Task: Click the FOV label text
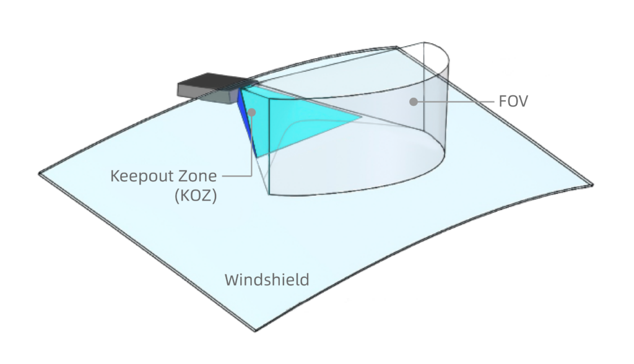[513, 101]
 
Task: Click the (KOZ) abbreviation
[196, 196]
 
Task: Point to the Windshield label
[267, 280]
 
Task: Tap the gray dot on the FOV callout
[413, 102]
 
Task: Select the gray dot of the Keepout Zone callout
[251, 112]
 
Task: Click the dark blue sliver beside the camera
[246, 121]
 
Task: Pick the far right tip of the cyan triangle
[362, 118]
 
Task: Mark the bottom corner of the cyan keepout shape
[257, 157]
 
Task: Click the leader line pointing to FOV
[456, 102]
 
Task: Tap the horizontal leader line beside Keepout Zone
[237, 176]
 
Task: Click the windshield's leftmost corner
[39, 174]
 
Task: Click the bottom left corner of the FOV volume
[269, 194]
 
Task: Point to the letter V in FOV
[523, 101]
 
